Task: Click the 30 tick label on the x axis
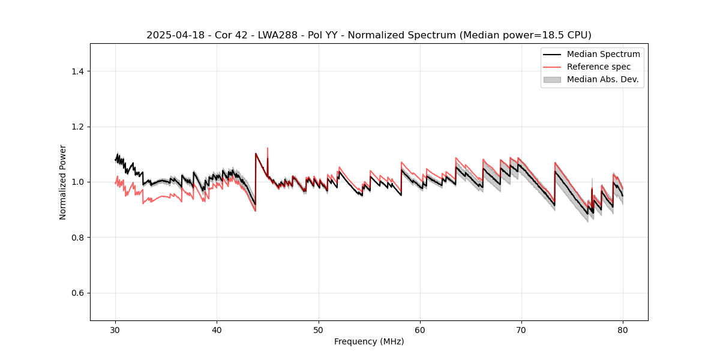[116, 330]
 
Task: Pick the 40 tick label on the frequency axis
[217, 330]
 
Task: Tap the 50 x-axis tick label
[319, 330]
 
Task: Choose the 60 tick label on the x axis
[420, 330]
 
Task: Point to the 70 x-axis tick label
[521, 330]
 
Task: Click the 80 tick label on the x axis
[623, 330]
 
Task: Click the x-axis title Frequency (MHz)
[369, 341]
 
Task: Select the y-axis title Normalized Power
[63, 182]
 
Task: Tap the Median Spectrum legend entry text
[603, 54]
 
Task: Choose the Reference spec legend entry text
[599, 67]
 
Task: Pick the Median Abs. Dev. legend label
[602, 79]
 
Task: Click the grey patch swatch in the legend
[552, 79]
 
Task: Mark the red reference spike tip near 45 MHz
[268, 148]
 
